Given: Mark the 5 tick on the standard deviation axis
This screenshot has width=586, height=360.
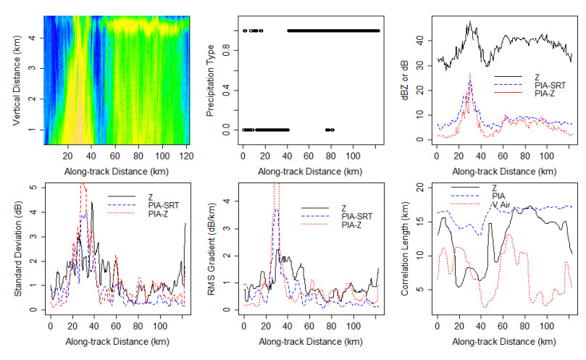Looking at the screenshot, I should (x=34, y=186).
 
